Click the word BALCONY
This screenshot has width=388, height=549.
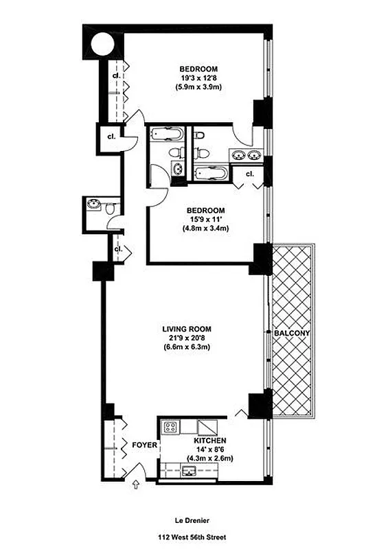tap(293, 334)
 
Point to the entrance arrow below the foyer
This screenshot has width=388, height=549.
tap(135, 485)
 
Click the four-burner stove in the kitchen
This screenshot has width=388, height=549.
tap(170, 427)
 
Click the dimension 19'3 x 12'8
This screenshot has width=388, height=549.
tap(199, 78)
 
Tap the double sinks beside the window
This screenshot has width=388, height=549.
tap(247, 154)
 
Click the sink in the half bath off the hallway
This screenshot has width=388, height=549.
tap(92, 204)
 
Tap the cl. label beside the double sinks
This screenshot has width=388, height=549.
tap(249, 174)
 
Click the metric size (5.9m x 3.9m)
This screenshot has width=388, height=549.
tap(199, 88)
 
